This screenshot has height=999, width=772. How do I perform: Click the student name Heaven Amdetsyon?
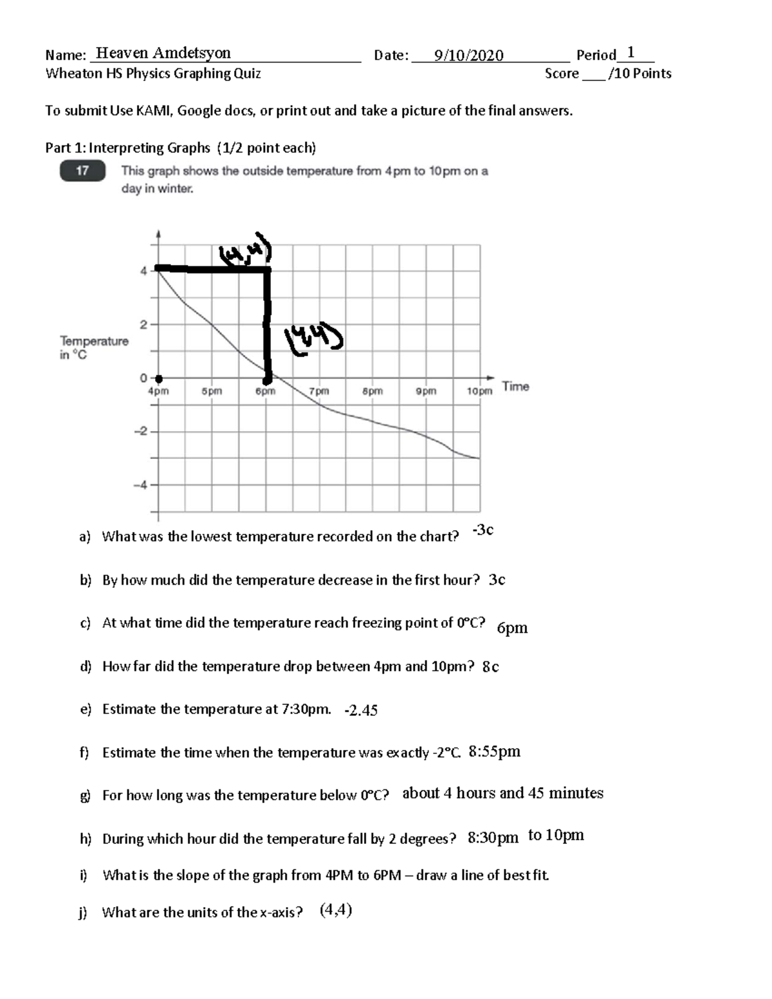click(x=163, y=53)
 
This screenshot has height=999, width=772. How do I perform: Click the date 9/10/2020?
click(x=468, y=56)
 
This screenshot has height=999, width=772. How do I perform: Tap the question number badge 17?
click(x=82, y=171)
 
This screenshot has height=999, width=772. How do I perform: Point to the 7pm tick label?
click(x=318, y=391)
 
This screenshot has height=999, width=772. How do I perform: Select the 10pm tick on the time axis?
click(x=479, y=391)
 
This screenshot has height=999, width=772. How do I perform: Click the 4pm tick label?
click(x=158, y=391)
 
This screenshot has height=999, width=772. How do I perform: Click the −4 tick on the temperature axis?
click(x=141, y=485)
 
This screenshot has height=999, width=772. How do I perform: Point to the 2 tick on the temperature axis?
click(x=144, y=324)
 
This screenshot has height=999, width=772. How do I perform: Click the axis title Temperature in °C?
click(x=94, y=347)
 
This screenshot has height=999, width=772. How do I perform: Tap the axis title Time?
click(x=515, y=387)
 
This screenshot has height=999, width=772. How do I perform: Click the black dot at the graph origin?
click(x=159, y=379)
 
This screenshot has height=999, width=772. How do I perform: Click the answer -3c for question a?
click(x=482, y=530)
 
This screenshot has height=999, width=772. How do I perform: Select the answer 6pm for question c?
click(x=512, y=628)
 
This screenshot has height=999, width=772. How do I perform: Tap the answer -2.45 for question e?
click(x=361, y=711)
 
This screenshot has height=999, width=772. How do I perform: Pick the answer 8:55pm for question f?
click(x=494, y=752)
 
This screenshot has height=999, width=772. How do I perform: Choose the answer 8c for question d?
click(x=490, y=667)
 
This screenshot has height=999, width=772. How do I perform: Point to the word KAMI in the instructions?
click(x=152, y=111)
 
